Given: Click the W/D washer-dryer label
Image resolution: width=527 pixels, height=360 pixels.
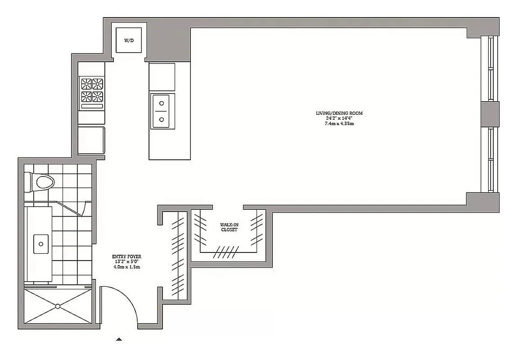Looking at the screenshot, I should pos(129,40).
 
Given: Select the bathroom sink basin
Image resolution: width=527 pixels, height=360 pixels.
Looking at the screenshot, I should pos(41,244).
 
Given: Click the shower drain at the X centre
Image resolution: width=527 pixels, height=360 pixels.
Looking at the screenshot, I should pos(58,306).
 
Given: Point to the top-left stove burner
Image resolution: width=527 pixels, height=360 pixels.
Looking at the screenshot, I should pos(86,84).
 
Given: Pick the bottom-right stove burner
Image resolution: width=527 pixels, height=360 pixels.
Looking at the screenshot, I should pos(98,96).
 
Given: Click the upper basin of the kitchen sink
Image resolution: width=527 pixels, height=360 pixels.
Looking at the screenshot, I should pos(161,103).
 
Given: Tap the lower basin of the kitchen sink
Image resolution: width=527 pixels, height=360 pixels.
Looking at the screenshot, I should pos(161,119).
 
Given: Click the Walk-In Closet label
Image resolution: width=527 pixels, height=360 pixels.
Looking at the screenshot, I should pos(229,227).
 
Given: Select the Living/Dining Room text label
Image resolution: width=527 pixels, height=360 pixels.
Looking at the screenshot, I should pos(339,113).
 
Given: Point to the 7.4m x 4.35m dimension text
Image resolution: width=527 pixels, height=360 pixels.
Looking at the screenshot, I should pos(339,123).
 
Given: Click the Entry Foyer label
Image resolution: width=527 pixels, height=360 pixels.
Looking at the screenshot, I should pos(126,257).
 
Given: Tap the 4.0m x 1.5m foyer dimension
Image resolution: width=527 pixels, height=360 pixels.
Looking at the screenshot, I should pos(126,267).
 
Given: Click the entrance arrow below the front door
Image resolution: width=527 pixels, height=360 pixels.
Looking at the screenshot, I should pos(119,339).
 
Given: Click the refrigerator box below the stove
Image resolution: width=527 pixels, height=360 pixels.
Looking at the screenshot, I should pos(91,140).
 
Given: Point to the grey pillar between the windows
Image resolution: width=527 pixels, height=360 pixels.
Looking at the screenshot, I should pos(490,114).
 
